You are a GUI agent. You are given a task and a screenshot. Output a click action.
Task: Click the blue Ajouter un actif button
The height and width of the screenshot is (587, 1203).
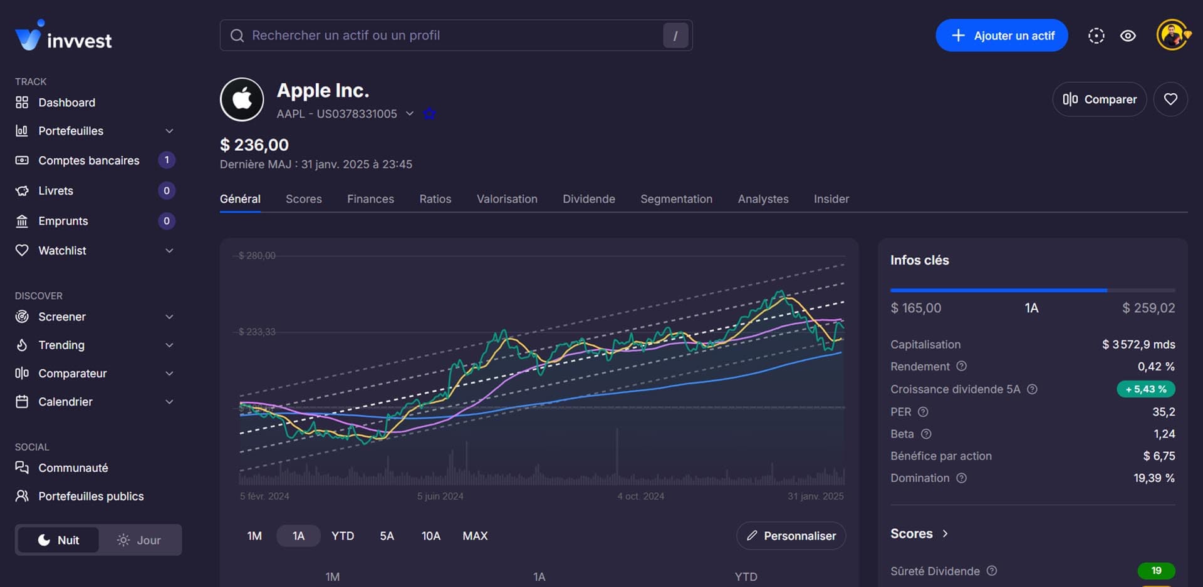click(x=1001, y=36)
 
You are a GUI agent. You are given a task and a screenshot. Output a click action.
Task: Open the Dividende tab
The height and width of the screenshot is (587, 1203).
click(x=588, y=199)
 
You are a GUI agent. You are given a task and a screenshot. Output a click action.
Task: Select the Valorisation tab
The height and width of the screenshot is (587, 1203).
click(x=507, y=199)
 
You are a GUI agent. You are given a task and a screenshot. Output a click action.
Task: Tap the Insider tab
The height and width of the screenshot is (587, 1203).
click(x=831, y=199)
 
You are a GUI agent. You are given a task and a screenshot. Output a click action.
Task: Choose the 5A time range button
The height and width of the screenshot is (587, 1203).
click(x=387, y=536)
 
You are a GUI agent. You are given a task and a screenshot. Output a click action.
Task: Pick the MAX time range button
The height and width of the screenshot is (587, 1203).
click(x=475, y=536)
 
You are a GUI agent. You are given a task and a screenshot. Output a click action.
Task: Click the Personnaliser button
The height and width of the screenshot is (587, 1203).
click(x=791, y=536)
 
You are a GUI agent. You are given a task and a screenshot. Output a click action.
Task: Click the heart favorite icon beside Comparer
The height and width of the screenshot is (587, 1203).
click(x=1170, y=99)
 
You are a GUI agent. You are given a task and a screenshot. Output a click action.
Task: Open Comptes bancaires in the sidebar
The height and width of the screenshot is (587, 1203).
click(x=89, y=161)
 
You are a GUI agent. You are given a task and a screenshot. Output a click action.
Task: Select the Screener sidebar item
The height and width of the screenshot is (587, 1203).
click(x=62, y=317)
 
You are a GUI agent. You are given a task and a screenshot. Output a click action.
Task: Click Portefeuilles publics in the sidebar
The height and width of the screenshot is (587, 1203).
click(x=91, y=496)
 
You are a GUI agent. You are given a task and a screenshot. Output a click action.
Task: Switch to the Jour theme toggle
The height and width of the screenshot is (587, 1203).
click(x=139, y=540)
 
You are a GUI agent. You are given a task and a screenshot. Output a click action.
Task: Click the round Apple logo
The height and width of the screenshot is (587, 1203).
click(x=242, y=100)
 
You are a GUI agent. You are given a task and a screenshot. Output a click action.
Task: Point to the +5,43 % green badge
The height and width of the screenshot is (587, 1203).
click(x=1145, y=389)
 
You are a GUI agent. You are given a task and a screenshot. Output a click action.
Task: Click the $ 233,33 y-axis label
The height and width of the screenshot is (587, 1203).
click(x=257, y=332)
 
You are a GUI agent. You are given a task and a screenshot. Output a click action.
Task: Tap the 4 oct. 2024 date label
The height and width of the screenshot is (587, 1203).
click(x=640, y=496)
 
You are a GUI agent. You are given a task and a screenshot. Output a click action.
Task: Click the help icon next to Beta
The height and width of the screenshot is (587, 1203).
click(x=926, y=434)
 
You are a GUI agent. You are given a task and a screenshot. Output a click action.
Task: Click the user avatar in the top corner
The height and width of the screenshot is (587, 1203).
click(x=1172, y=36)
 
